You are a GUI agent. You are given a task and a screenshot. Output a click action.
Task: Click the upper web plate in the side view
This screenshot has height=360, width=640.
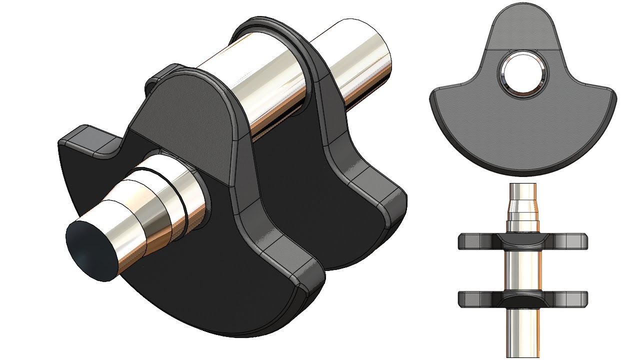click(522, 241)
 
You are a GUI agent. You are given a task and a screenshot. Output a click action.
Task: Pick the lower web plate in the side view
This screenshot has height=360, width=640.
click(522, 299)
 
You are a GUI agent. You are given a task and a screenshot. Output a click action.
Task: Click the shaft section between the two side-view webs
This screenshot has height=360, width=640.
click(522, 270)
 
